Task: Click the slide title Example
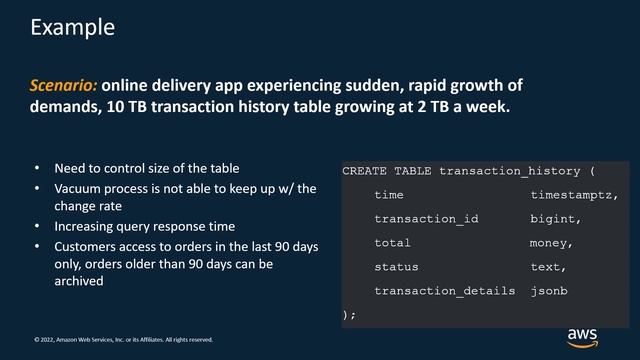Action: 72,28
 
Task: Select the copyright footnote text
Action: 123,339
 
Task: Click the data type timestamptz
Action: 574,195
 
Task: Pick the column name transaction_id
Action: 426,219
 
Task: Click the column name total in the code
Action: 393,243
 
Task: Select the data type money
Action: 551,243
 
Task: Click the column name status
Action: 396,267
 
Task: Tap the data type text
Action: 549,267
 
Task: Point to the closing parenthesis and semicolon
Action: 349,314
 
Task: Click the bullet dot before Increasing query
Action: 38,227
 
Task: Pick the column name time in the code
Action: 389,195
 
